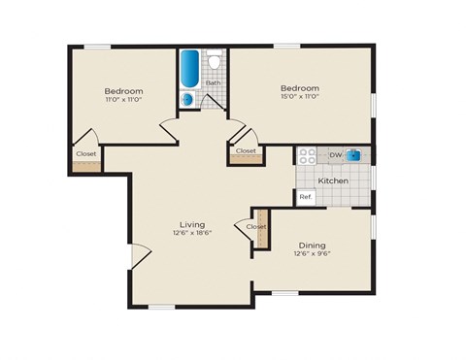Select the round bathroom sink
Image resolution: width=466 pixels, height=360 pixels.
(188, 98)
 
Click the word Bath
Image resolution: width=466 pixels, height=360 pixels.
(212, 82)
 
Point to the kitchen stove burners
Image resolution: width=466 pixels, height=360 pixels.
(308, 155)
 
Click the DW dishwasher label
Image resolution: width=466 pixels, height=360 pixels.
(334, 154)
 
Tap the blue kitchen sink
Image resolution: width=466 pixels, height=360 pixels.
(355, 154)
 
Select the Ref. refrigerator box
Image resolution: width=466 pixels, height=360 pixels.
(306, 197)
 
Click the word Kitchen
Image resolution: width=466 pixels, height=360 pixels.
(334, 180)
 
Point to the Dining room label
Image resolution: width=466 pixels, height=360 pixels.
(312, 245)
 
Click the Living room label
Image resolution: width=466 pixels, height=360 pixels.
(191, 224)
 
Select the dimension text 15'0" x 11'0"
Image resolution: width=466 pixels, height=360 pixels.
(299, 98)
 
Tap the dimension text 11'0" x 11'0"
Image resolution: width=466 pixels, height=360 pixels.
(124, 99)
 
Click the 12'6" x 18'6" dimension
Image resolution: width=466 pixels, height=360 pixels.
(191, 234)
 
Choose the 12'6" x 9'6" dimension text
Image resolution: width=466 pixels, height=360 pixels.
(312, 255)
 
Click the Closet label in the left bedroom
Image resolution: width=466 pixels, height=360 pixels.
(86, 153)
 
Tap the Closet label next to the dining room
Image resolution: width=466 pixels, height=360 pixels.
(256, 226)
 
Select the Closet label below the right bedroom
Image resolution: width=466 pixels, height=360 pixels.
(246, 150)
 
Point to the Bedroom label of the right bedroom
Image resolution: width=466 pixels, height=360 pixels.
(299, 88)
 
